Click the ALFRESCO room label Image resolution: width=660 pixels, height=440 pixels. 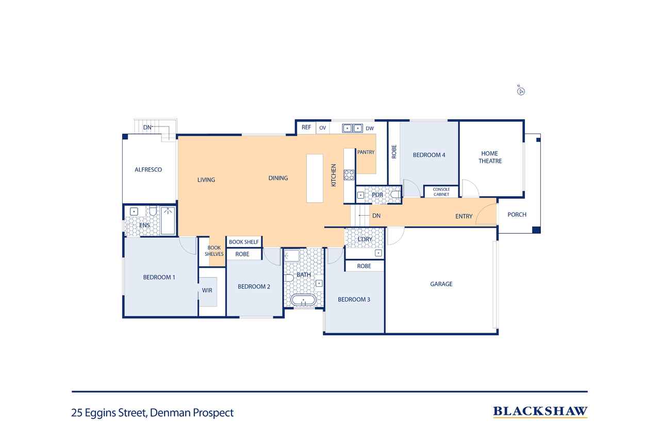coord(148,170)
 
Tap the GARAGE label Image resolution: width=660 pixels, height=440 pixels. coord(441,284)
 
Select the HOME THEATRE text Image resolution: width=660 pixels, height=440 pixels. coord(490,157)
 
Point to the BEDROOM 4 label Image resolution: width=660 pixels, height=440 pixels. coord(428,155)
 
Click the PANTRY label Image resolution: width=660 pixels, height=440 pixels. coord(366,152)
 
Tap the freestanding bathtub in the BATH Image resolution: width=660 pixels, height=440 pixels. coord(303,300)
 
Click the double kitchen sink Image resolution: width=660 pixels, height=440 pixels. coord(352,128)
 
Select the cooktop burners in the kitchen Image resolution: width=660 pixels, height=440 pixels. coord(349,175)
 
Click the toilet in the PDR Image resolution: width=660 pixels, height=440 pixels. coord(395,194)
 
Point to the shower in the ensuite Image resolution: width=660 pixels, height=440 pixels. coord(168,220)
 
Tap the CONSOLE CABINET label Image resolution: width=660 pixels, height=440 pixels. coord(441,192)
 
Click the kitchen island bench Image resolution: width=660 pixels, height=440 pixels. coord(315,178)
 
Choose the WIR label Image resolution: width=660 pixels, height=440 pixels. coord(207,290)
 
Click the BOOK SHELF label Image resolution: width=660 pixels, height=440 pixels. coord(244,242)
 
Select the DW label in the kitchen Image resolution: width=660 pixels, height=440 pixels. coord(370,128)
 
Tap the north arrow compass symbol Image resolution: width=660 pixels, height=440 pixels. coord(521,91)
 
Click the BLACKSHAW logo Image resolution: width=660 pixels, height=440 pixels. coord(540,412)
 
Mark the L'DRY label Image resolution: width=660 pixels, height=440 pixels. coord(365,239)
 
